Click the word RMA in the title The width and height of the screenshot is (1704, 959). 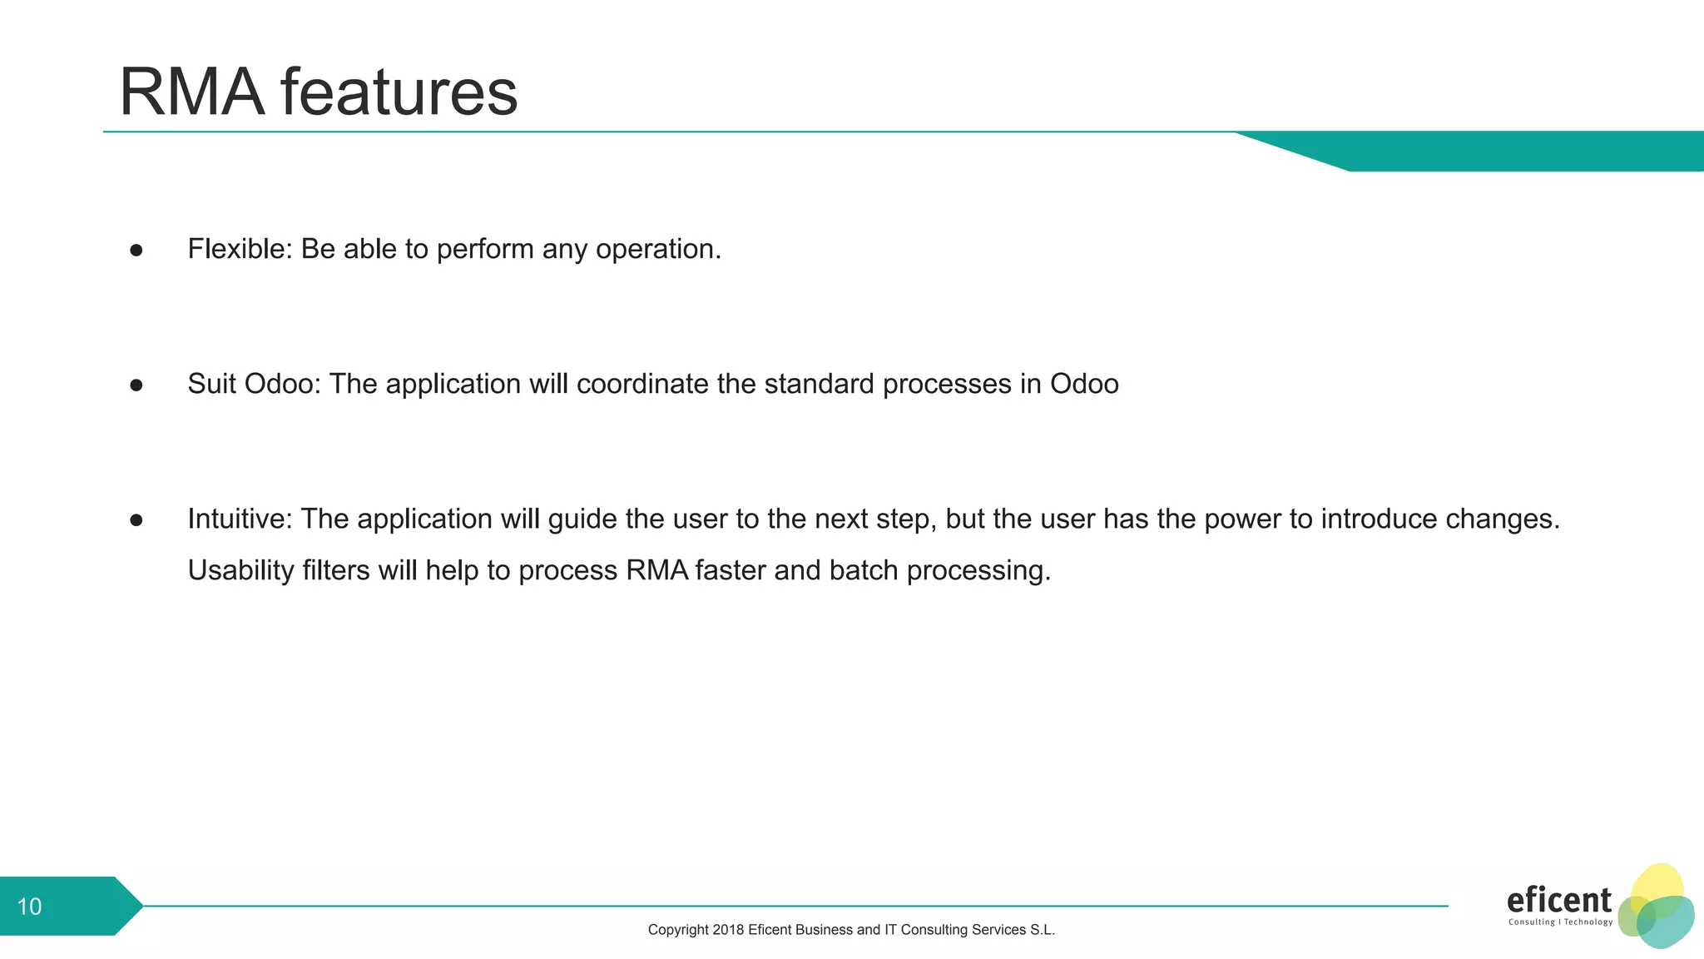192,92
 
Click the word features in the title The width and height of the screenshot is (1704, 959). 399,92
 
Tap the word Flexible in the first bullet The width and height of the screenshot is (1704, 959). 236,249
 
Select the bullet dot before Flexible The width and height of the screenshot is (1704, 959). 136,250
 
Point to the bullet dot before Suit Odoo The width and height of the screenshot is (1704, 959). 136,385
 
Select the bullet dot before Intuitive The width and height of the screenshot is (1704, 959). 136,519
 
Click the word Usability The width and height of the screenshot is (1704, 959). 240,571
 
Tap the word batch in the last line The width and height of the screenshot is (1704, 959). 863,570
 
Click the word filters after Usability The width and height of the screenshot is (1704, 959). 335,570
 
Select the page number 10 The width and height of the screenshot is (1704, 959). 29,907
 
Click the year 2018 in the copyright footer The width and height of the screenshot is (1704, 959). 727,930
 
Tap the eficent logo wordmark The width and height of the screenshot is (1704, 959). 1558,901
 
